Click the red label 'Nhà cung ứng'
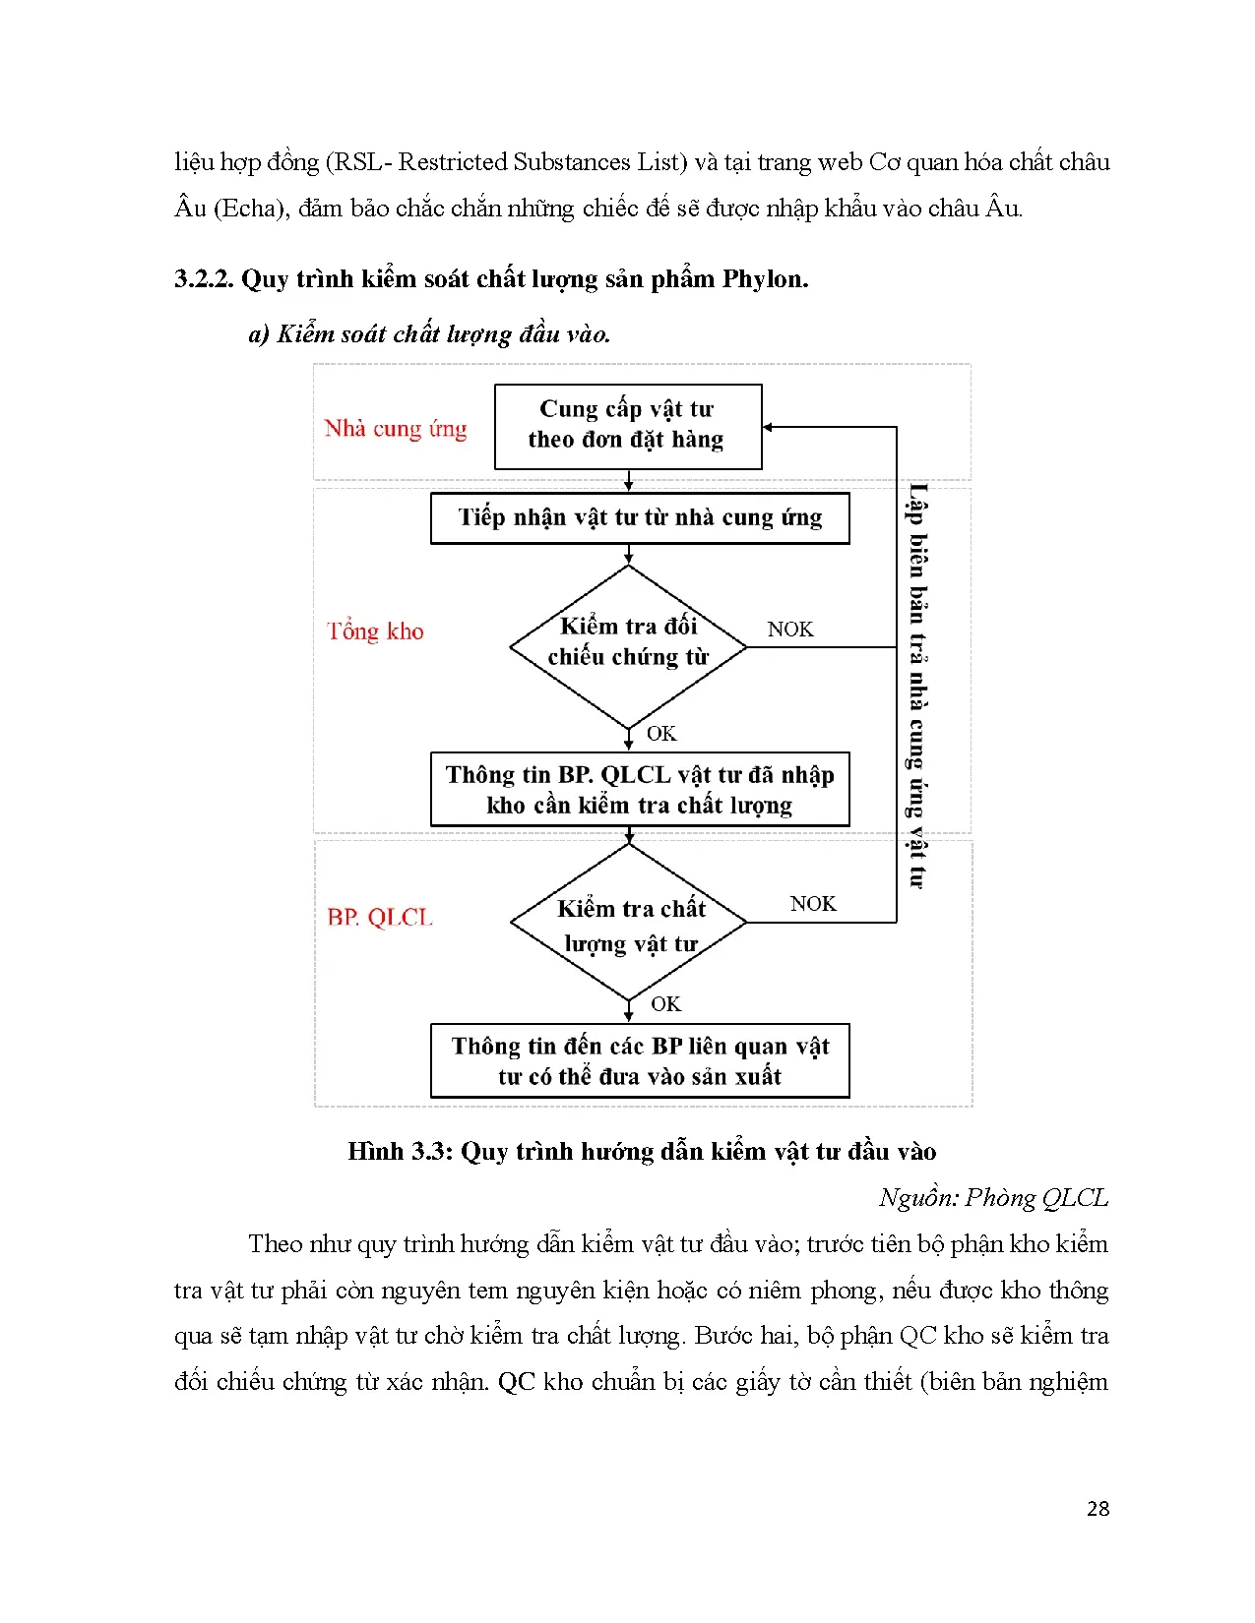[396, 429]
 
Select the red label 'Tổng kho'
[375, 631]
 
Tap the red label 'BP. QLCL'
[380, 918]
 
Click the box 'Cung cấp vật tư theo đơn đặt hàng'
[627, 425]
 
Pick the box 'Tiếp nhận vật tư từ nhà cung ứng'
[640, 518]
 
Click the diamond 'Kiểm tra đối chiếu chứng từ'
[628, 645]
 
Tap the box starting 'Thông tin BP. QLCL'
[640, 790]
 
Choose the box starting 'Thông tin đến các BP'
[640, 1061]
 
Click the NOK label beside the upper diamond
[790, 630]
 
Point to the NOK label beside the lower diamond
[813, 904]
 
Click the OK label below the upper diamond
[661, 734]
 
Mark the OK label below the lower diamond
[665, 1004]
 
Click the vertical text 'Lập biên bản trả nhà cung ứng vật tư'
[917, 686]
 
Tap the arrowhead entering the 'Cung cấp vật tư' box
[768, 427]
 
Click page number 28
[1098, 1509]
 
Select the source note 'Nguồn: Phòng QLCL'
[993, 1198]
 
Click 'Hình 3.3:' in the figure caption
[400, 1152]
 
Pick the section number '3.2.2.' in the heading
[204, 279]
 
